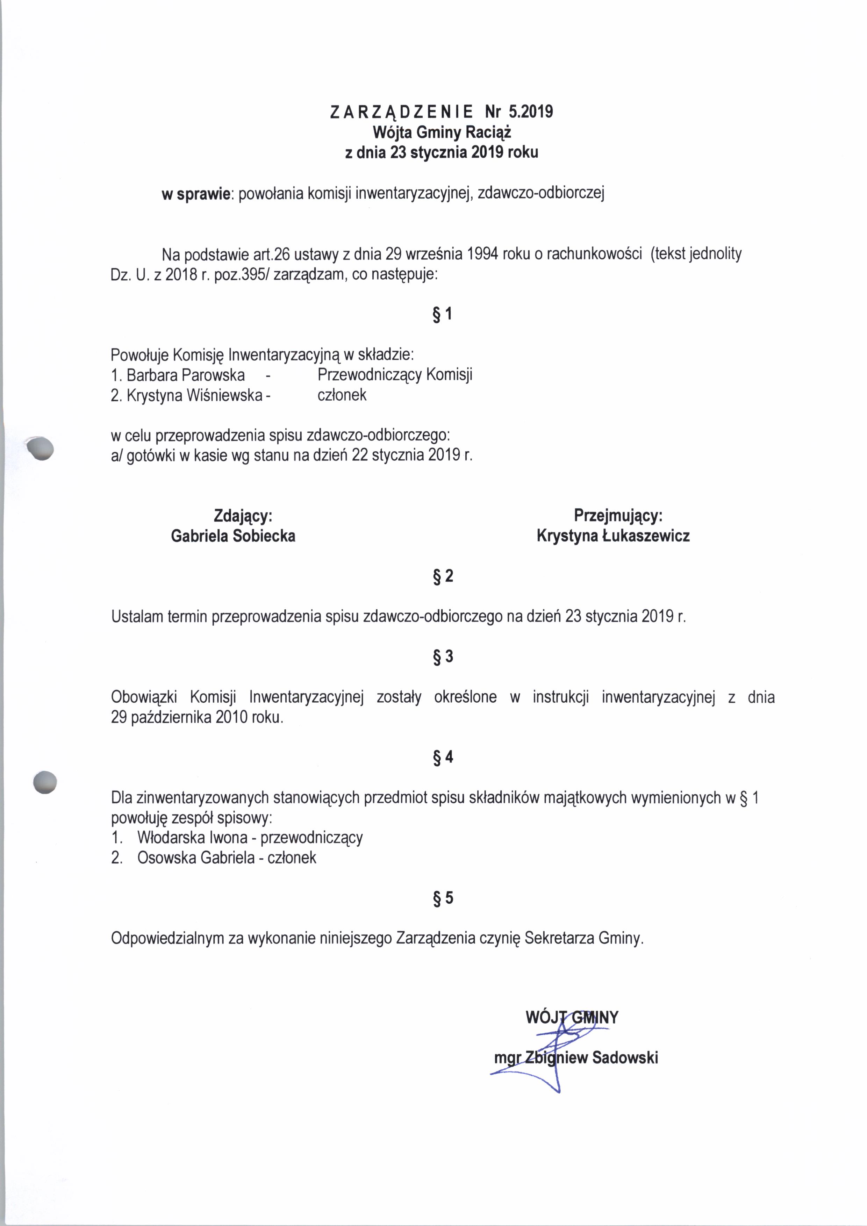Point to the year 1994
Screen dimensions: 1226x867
tap(482, 254)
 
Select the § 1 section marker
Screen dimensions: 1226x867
tap(443, 314)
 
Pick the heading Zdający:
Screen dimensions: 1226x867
tap(243, 516)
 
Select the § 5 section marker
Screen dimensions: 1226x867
tap(443, 898)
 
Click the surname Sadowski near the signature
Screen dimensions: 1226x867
tap(625, 1058)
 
